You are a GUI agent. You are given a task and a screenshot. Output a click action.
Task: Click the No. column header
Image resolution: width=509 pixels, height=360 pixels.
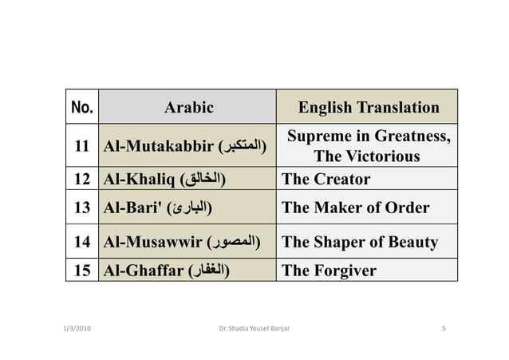coord(81,107)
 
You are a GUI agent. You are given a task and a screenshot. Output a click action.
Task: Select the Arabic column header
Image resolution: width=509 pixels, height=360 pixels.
coord(188,108)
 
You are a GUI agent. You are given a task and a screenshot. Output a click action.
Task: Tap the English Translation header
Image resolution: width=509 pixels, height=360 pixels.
coord(369,108)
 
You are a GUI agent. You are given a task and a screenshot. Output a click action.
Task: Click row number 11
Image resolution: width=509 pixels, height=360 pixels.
coord(81,147)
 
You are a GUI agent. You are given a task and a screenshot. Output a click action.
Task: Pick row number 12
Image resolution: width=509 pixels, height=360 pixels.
coord(81,179)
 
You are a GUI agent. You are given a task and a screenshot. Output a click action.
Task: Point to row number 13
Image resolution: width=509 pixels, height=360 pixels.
coord(81,208)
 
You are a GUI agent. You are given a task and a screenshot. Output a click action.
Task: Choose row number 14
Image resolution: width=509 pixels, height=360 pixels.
coord(81,242)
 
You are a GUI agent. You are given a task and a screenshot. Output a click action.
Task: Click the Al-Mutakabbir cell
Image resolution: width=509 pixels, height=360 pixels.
coord(185,147)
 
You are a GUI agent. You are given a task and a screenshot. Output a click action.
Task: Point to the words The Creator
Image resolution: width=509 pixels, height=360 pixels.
coord(326,179)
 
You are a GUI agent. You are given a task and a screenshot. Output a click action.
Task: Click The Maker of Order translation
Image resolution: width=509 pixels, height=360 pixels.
coord(356,208)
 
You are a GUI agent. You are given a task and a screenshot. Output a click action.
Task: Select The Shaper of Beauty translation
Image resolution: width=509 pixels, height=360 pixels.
coord(360,242)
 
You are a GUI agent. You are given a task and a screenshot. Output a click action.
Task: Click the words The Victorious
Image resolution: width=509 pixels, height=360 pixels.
coord(368,156)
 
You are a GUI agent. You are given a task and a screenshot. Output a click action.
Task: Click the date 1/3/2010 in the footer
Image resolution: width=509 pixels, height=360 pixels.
coord(77,328)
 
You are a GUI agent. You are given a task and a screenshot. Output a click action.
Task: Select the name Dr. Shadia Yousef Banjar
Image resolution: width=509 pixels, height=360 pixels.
coord(254,328)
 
